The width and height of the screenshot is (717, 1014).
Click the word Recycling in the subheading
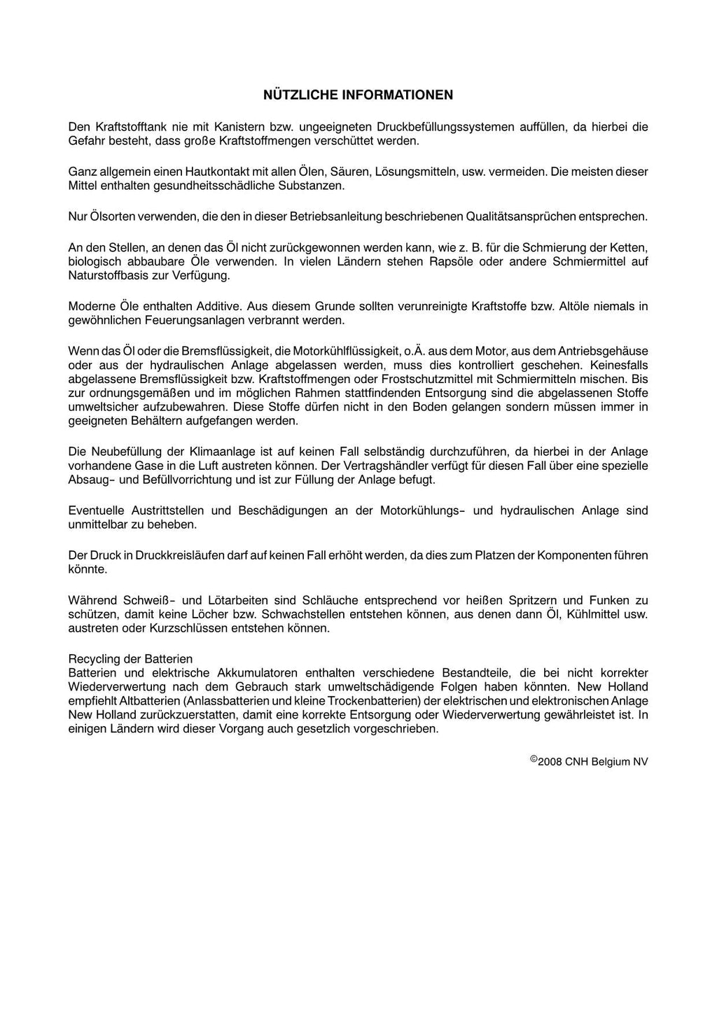(x=93, y=659)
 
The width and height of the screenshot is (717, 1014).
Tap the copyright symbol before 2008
(x=534, y=758)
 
